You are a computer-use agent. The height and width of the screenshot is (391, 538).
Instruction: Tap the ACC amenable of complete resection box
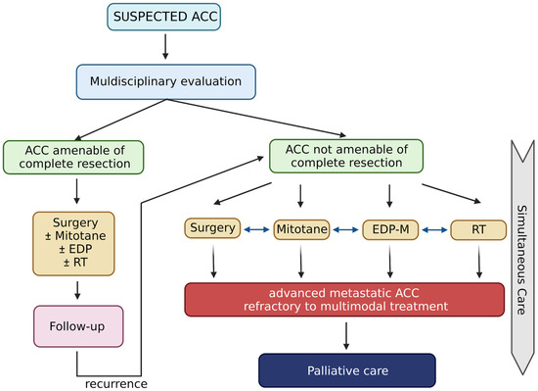[x=73, y=155]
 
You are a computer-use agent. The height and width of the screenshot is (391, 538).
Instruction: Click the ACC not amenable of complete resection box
[x=346, y=155]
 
